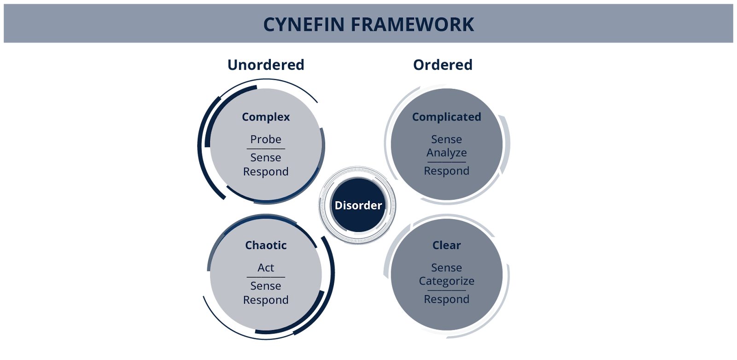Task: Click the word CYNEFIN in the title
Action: click(x=304, y=24)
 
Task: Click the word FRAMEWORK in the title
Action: click(x=412, y=24)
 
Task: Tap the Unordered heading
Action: click(x=266, y=65)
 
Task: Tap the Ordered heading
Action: click(x=443, y=65)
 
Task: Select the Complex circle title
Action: click(x=266, y=117)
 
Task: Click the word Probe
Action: click(x=266, y=139)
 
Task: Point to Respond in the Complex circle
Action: click(x=266, y=172)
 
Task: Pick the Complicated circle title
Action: click(x=446, y=117)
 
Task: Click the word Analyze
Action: click(x=446, y=152)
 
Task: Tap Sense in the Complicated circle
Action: click(x=446, y=139)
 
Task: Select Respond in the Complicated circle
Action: click(x=446, y=171)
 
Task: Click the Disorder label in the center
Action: click(x=358, y=205)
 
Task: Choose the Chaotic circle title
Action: click(x=266, y=245)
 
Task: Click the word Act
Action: click(x=266, y=267)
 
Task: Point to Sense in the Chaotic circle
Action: click(x=266, y=286)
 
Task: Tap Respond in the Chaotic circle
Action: click(x=266, y=300)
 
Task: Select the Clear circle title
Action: click(x=446, y=245)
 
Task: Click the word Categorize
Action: click(x=446, y=281)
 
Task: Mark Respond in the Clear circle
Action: click(x=446, y=299)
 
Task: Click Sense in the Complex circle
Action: click(x=266, y=157)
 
